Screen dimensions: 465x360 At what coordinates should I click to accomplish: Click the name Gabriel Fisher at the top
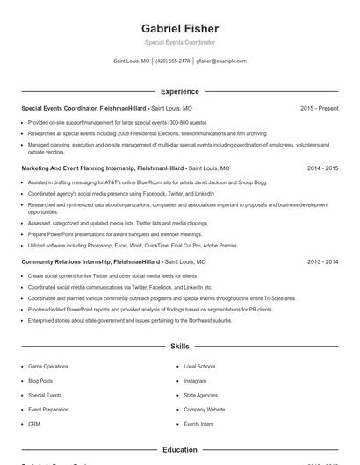pos(179,29)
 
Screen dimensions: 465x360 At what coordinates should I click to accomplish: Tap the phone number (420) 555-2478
pos(173,61)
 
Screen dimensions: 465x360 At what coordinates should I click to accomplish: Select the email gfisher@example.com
pos(221,61)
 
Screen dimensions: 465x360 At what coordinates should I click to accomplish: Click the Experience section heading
pos(179,91)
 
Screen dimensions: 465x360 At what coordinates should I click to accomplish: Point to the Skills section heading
pos(179,347)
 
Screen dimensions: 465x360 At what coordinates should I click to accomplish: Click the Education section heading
pos(179,450)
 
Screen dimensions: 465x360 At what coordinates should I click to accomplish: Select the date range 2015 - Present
pos(319,108)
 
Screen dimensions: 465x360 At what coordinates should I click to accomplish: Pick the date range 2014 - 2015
pos(322,168)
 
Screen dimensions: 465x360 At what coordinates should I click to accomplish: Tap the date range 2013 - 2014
pos(322,261)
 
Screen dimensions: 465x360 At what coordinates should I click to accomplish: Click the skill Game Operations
pos(47,366)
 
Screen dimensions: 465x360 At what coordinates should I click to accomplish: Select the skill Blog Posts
pos(40,381)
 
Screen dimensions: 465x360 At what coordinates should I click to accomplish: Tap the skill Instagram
pos(195,381)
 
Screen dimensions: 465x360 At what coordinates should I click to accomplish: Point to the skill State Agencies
pos(200,395)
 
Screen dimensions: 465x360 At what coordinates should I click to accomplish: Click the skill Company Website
pos(204,410)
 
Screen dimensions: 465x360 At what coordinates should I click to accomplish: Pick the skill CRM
pos(34,424)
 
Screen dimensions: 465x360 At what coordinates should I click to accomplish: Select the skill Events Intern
pos(198,424)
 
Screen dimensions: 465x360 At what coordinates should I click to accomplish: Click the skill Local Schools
pos(199,366)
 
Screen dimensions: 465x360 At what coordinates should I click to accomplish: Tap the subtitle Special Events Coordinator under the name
pos(179,42)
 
